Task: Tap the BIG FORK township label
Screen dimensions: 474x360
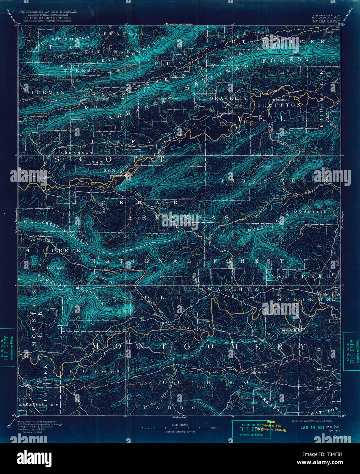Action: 94,371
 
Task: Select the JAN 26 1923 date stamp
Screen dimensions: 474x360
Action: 312,427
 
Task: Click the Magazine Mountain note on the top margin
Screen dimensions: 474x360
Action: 178,24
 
